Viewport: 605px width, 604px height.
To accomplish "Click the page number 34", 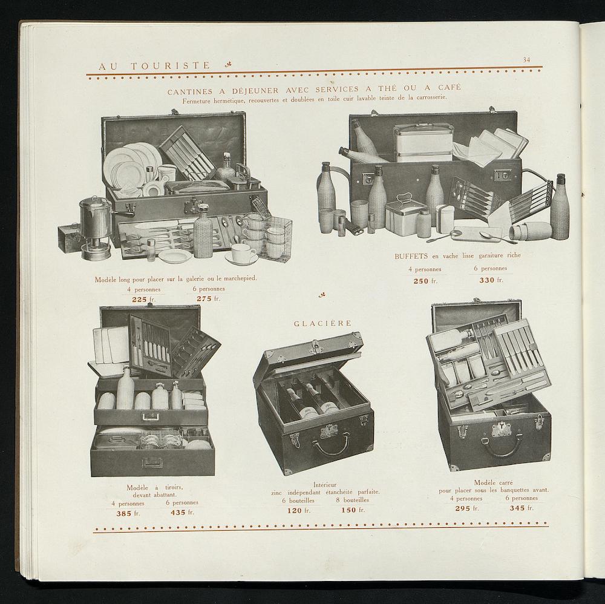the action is pos(526,60).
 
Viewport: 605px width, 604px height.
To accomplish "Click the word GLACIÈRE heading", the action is pos(323,323).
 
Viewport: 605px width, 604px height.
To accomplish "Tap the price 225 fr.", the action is pos(144,299).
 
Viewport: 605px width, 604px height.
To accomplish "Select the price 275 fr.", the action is pos(208,299).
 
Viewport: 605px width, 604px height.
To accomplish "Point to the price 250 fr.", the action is pos(425,281).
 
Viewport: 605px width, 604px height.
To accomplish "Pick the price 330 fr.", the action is pos(491,280).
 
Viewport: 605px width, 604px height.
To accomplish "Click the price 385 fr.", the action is pos(128,514).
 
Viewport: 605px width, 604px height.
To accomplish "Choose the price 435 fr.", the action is pos(182,513).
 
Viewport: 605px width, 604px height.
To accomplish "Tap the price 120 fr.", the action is pos(299,511).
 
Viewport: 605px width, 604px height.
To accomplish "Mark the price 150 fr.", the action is pos(353,510).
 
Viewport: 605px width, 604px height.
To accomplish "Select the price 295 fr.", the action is pos(467,508).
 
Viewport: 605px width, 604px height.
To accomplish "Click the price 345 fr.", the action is pos(522,508).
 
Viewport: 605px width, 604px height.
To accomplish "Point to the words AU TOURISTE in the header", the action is pos(155,66).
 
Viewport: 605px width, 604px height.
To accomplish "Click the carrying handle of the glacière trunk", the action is pos(330,447).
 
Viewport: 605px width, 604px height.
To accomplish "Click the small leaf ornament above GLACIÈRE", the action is pos(321,296).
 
